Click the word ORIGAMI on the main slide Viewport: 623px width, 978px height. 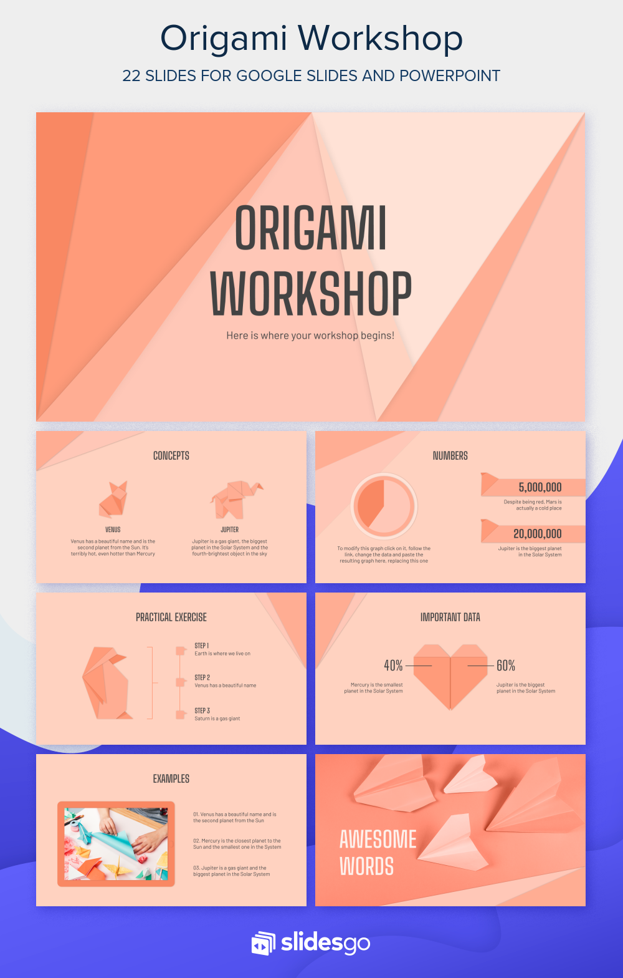(310, 228)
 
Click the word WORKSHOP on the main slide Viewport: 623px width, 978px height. (310, 294)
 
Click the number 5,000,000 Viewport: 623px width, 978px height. (540, 487)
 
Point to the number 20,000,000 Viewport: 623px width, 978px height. (537, 534)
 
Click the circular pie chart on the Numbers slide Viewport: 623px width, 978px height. (384, 506)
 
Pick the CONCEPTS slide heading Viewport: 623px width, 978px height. (171, 456)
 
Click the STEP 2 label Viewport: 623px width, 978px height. (202, 677)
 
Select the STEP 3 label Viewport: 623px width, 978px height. (202, 710)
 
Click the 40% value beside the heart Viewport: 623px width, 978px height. (393, 666)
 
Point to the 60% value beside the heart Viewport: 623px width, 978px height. (506, 666)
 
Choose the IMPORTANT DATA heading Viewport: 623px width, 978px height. (450, 617)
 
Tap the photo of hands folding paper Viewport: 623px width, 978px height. (116, 843)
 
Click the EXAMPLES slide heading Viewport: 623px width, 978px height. (171, 779)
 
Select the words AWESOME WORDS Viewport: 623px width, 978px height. (378, 853)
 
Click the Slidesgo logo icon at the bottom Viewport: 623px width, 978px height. (263, 943)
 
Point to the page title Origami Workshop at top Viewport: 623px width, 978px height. (311, 39)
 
